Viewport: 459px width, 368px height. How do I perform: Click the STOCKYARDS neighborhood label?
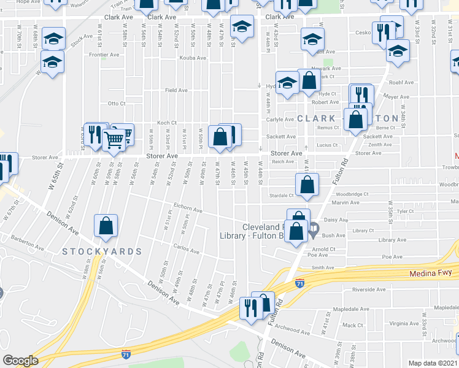(x=102, y=251)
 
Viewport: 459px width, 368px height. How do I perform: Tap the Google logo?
(x=20, y=361)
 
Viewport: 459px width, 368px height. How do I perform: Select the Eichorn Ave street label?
(x=188, y=210)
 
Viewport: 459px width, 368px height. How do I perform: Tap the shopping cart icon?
(x=114, y=139)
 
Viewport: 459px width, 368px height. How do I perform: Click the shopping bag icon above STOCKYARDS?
(x=106, y=225)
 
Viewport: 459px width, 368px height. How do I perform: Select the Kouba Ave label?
(x=191, y=58)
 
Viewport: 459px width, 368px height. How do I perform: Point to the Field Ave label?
(x=176, y=90)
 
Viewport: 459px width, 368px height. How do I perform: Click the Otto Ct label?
(x=117, y=104)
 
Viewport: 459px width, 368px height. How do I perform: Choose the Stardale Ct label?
(x=282, y=196)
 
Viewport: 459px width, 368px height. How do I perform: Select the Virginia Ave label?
(x=404, y=323)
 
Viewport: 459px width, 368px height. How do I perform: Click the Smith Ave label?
(x=322, y=267)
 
